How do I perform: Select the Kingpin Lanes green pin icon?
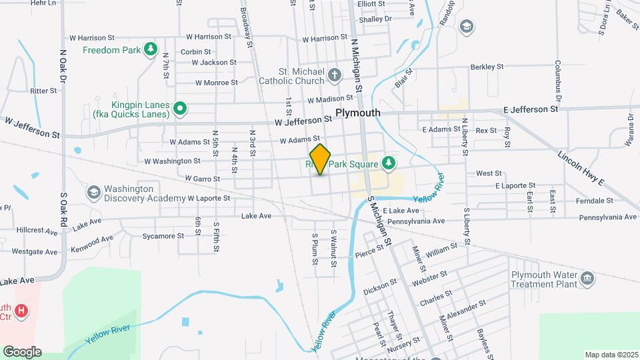coord(179,108)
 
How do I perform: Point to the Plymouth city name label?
coord(358,113)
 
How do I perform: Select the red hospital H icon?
coord(21,311)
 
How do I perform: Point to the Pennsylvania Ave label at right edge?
coord(608,217)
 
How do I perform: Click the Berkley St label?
coord(487,67)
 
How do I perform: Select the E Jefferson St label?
coord(531,109)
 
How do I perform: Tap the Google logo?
coord(22,351)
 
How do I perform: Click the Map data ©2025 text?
coord(611,354)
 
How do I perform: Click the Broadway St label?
coord(247,23)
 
